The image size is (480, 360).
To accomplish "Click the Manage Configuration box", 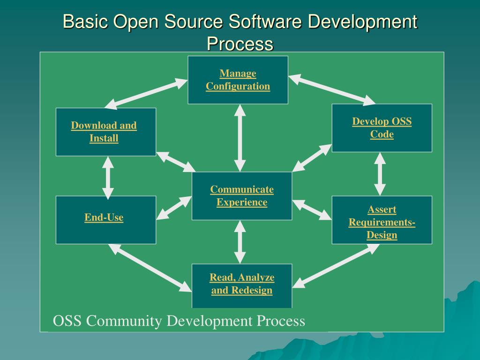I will pyautogui.click(x=238, y=80).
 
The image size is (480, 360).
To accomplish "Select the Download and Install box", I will pyautogui.click(x=105, y=132).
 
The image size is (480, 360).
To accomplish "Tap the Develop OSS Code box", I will pyautogui.click(x=382, y=128).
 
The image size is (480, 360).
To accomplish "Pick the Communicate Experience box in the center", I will pyautogui.click(x=241, y=196).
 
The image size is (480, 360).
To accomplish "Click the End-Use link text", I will pyautogui.click(x=104, y=217).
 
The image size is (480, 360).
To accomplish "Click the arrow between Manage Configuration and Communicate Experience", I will pyautogui.click(x=240, y=138).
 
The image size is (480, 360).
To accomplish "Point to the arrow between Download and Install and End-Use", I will pyautogui.click(x=108, y=178).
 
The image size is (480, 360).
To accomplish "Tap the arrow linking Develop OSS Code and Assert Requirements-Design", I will pyautogui.click(x=380, y=174).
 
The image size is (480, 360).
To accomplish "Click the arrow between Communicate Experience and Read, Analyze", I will pyautogui.click(x=240, y=242).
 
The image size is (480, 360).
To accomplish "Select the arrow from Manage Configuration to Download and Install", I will pyautogui.click(x=146, y=92).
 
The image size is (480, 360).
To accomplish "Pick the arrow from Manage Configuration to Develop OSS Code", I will pyautogui.click(x=332, y=90).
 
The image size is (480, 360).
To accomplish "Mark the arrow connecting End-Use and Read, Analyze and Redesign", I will pyautogui.click(x=150, y=267).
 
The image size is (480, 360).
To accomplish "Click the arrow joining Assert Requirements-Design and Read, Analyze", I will pyautogui.click(x=336, y=265).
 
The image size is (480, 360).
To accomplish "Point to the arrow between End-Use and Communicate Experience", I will pyautogui.click(x=174, y=208).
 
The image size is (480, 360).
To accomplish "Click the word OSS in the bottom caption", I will pyautogui.click(x=67, y=321).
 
